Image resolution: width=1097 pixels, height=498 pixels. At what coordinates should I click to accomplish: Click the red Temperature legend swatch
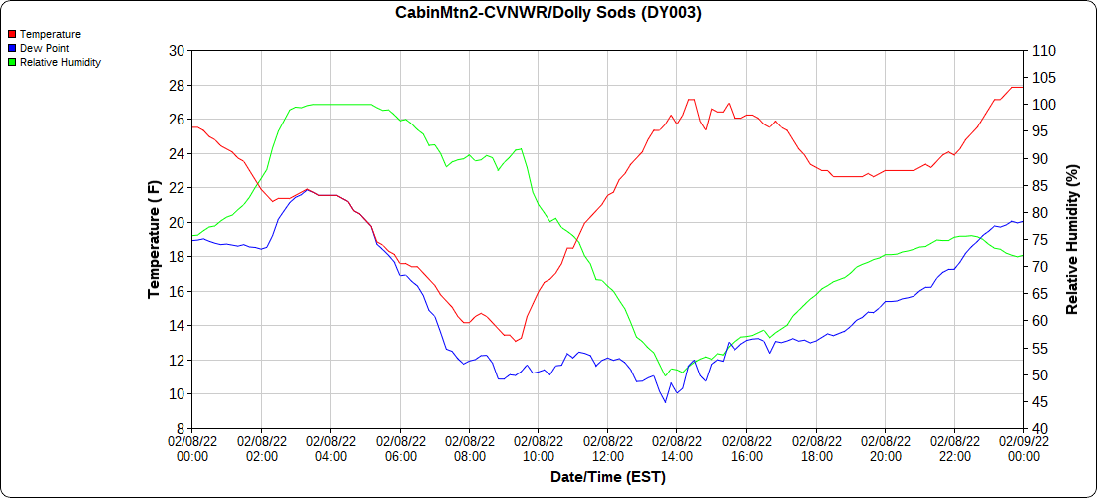click(x=12, y=34)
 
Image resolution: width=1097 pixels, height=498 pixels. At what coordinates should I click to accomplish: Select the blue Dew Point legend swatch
click(x=12, y=48)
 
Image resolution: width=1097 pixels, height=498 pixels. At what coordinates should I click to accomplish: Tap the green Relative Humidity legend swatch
click(x=12, y=62)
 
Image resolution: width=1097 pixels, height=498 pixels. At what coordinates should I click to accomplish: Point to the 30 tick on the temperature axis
click(x=177, y=51)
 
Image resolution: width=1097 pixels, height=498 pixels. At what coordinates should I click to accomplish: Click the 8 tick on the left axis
click(x=181, y=428)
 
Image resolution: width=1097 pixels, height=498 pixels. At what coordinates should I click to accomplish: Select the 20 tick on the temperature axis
click(x=177, y=222)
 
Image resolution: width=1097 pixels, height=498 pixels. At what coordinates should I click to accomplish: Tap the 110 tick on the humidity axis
click(x=1042, y=51)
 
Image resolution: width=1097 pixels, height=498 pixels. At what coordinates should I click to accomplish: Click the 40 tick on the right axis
click(x=1038, y=428)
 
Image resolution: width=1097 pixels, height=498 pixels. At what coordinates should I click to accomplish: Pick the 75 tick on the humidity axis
click(x=1038, y=240)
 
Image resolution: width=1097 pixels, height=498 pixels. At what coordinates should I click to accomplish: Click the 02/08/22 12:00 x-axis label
click(x=607, y=448)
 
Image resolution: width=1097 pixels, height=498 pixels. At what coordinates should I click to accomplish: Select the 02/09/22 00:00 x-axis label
click(x=1023, y=448)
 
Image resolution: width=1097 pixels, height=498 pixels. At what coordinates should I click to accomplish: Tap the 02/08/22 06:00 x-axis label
click(x=400, y=448)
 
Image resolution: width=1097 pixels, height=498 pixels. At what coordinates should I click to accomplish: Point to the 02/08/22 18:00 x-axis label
click(x=816, y=448)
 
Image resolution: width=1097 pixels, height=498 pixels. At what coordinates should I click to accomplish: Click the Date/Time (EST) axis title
click(x=607, y=477)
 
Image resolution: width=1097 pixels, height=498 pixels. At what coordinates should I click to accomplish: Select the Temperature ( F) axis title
click(x=154, y=239)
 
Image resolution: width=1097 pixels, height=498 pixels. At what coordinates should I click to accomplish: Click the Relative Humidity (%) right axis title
click(x=1072, y=239)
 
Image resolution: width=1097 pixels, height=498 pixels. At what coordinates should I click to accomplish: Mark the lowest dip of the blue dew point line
click(x=665, y=402)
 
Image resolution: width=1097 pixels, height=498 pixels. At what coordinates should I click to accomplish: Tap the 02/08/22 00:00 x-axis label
click(x=192, y=448)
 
